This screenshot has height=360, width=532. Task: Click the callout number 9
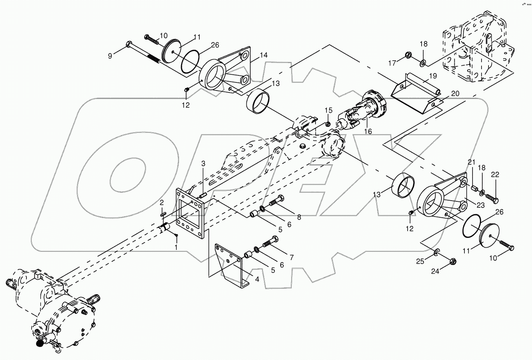(x=110, y=56)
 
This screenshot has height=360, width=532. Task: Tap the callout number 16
(x=368, y=131)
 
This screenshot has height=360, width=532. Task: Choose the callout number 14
(x=264, y=55)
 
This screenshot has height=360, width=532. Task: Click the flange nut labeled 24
(x=452, y=261)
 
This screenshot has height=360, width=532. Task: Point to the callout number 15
(x=329, y=110)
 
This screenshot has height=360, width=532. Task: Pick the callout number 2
(x=162, y=203)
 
